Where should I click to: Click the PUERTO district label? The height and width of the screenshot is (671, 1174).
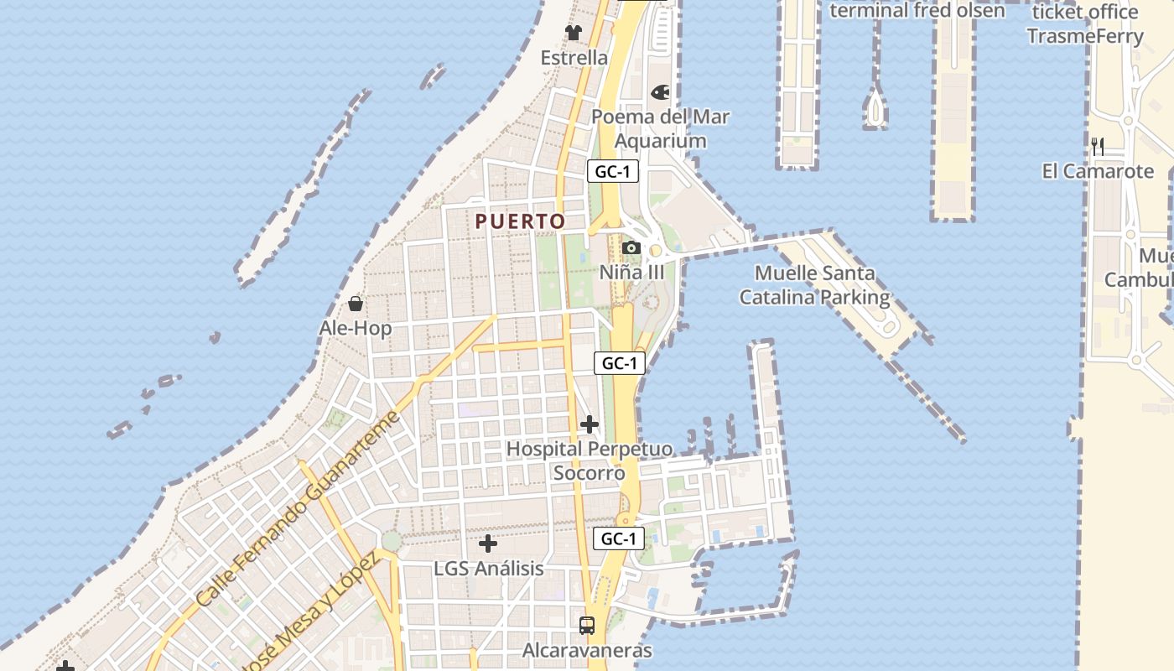pos(520,221)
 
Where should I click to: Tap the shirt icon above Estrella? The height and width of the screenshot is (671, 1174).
pos(574,33)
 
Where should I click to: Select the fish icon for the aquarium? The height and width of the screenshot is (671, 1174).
pos(661,92)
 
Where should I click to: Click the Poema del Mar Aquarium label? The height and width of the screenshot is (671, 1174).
pos(661,128)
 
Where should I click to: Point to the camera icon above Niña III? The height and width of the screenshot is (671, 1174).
pos(631,247)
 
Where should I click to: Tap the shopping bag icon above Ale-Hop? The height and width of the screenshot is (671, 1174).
pos(356,303)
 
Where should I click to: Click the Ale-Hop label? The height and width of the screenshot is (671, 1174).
pos(356,328)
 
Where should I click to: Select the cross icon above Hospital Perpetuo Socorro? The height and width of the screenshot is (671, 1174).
pos(590,424)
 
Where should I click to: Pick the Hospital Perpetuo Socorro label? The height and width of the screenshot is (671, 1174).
pos(589,460)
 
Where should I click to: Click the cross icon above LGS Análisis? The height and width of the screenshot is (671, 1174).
pos(488,544)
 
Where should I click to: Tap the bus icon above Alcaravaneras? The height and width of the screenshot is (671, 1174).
pos(587,625)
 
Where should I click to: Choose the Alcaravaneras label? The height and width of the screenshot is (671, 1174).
pos(587,650)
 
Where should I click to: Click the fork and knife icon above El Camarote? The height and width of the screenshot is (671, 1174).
pos(1098,147)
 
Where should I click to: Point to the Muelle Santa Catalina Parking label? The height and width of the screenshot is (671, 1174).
pos(814,285)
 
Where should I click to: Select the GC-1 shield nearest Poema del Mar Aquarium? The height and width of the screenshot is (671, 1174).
pos(613,172)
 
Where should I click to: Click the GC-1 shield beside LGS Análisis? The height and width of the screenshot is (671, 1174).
pos(619,538)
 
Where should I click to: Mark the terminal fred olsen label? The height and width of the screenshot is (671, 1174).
pos(917,10)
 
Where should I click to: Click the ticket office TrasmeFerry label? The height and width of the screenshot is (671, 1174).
pos(1085,24)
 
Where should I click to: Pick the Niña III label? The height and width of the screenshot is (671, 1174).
pos(631,273)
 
